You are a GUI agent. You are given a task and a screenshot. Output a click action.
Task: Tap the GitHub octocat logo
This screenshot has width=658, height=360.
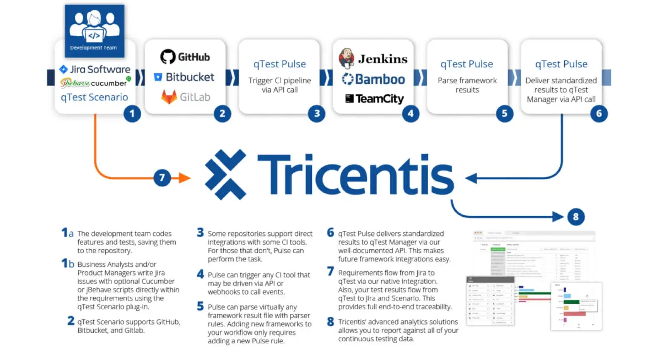click(x=168, y=57)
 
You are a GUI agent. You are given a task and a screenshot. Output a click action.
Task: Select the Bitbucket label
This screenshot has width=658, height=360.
click(x=189, y=77)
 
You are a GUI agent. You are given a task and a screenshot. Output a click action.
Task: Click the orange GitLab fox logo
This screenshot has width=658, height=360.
click(x=169, y=97)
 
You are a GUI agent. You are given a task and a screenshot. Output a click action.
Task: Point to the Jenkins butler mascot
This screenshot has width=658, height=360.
click(x=346, y=58)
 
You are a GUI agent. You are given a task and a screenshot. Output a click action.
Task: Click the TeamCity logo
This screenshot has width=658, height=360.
click(x=374, y=99)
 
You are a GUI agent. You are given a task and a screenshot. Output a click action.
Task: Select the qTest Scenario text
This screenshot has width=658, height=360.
click(x=95, y=97)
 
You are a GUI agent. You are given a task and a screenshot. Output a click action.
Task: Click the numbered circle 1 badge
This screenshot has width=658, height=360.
click(x=132, y=113)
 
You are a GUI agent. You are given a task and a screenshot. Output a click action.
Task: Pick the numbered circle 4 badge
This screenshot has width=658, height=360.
click(x=411, y=113)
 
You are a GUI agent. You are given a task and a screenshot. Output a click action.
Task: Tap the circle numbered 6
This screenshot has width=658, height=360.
click(x=599, y=113)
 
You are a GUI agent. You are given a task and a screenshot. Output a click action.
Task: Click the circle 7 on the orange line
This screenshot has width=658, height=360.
click(x=162, y=178)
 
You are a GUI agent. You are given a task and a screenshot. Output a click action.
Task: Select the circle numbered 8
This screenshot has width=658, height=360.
click(x=576, y=217)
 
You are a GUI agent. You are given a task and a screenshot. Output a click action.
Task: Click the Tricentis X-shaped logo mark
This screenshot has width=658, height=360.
click(x=225, y=175)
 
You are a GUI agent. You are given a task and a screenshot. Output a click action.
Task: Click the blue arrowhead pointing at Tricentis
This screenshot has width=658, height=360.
click(x=471, y=179)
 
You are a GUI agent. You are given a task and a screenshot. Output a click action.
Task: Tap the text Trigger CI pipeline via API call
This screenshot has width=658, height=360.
click(x=280, y=85)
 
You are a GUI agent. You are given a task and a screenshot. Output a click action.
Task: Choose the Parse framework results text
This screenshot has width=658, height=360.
click(x=467, y=85)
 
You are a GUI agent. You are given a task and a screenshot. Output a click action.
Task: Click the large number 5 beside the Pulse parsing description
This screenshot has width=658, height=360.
click(x=200, y=306)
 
